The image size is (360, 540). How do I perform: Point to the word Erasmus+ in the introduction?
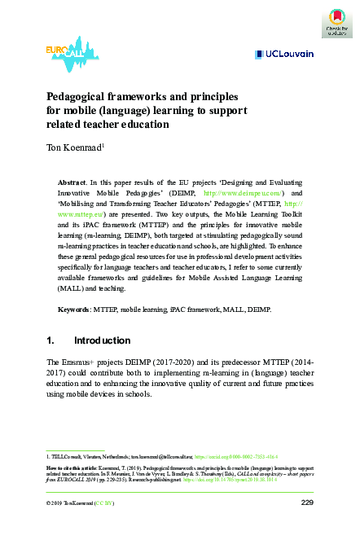point(83,361)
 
